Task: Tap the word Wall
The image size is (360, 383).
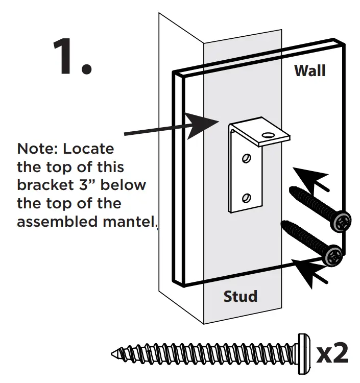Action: tap(309, 70)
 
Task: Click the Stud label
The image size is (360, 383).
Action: tap(240, 296)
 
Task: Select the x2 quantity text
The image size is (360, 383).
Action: tap(332, 353)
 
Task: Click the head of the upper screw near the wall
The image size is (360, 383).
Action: tap(341, 221)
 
